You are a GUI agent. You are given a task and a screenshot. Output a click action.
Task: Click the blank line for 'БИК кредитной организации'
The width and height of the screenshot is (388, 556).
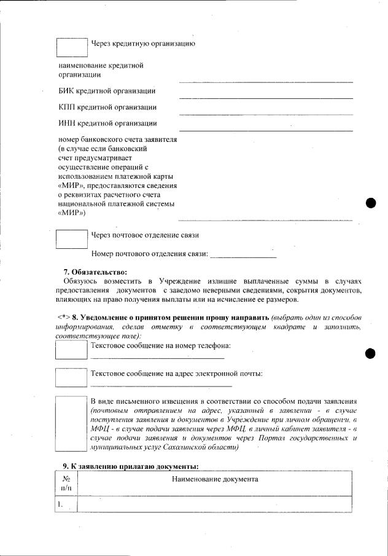(265, 96)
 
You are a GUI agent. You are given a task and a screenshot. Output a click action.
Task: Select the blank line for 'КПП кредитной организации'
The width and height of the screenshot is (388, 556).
(265, 112)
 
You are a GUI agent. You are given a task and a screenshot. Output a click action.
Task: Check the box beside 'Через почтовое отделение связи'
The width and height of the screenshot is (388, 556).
(72, 238)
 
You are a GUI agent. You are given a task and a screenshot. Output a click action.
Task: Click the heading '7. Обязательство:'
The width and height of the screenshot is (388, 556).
(95, 272)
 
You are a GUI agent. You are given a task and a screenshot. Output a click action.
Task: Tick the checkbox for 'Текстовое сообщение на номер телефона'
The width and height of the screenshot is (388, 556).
(71, 349)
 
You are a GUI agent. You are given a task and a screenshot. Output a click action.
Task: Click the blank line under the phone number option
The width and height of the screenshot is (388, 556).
(157, 357)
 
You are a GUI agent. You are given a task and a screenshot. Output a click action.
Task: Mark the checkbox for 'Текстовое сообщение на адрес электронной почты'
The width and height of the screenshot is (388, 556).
(71, 377)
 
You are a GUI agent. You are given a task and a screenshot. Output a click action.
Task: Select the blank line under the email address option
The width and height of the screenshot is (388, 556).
(157, 385)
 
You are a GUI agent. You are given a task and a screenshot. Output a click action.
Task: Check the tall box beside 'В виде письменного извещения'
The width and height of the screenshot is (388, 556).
(71, 425)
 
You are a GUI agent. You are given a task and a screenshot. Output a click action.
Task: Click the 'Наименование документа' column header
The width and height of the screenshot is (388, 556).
(214, 479)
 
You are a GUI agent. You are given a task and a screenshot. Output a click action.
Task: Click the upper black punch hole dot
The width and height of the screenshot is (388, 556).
(370, 203)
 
